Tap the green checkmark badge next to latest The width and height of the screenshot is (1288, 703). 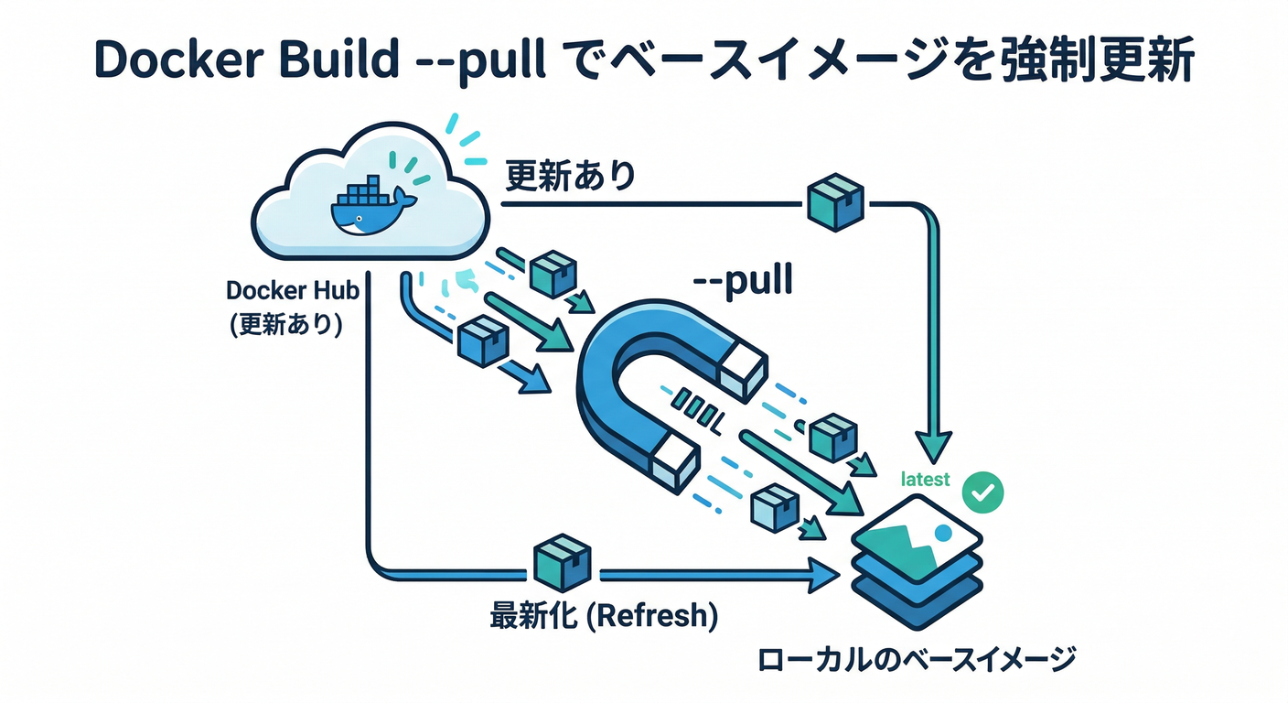(x=983, y=492)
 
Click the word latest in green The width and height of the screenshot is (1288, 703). (x=925, y=479)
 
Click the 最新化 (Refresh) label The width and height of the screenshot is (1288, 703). (x=603, y=616)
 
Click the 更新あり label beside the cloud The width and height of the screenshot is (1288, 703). (x=570, y=175)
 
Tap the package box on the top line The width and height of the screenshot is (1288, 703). (x=836, y=204)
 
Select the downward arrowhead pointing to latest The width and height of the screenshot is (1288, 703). (x=935, y=448)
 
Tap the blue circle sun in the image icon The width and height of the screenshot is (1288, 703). (x=944, y=532)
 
